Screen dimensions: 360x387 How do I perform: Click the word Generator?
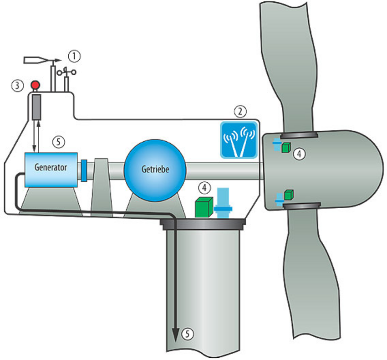(51, 167)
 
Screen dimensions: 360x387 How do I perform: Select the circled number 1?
(74, 56)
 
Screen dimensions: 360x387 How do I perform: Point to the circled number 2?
(240, 111)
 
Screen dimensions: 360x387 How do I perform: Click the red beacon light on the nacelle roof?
(34, 85)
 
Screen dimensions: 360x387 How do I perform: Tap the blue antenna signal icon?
(239, 139)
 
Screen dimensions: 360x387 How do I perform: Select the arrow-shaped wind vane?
(41, 60)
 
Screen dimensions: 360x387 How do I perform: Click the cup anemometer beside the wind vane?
(67, 72)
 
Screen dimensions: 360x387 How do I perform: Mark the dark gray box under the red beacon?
(35, 107)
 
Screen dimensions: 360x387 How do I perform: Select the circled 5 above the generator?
(58, 142)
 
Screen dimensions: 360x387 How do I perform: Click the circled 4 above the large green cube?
(205, 187)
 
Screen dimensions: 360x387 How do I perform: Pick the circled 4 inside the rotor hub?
(299, 154)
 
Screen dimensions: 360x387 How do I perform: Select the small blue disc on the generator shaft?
(84, 170)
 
